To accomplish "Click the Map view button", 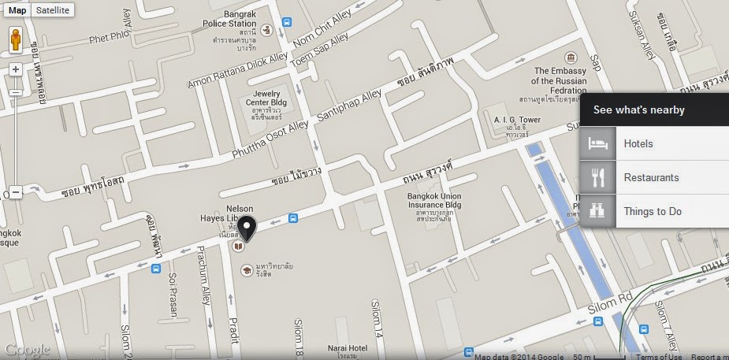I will pos(17,10).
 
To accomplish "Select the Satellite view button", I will pos(53,10).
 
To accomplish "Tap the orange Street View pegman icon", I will pos(16,42).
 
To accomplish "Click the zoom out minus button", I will pos(16,191).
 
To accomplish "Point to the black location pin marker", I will pos(247,228).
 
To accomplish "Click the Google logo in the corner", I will pos(27,351).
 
